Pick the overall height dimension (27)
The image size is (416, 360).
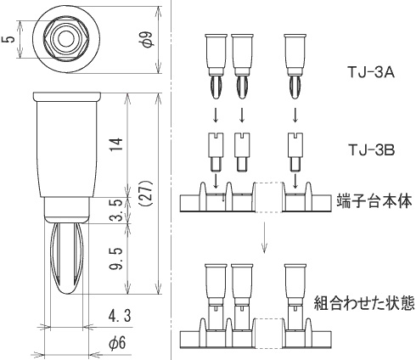point(145,196)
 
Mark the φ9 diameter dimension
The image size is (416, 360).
point(146,39)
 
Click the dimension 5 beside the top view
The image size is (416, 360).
point(8,39)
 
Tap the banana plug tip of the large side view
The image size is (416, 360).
point(67,255)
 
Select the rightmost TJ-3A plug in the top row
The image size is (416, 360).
point(295,63)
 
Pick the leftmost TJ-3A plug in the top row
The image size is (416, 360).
point(216,63)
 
